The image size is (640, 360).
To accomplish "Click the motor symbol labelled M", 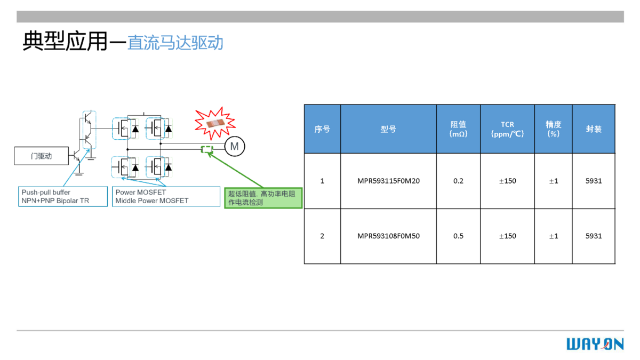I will (x=234, y=146).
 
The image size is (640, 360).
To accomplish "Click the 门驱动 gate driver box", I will (x=41, y=156).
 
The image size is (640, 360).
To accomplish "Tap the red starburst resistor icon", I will (x=214, y=122).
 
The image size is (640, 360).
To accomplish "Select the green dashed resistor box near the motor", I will (x=206, y=150).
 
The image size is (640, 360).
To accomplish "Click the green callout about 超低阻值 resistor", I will (x=263, y=198).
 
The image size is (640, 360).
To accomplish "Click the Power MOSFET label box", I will (x=165, y=196).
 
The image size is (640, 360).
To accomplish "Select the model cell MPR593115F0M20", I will (x=388, y=181).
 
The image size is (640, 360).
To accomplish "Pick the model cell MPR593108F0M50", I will (x=388, y=236).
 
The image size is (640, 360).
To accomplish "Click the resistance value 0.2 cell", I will (x=458, y=181).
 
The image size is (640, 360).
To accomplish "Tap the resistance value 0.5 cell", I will (x=458, y=236).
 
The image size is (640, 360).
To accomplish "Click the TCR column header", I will (x=507, y=129).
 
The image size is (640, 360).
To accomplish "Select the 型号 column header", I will (x=388, y=129).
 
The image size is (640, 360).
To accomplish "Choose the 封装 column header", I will (x=594, y=129).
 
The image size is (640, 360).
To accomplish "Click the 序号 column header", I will (x=322, y=129).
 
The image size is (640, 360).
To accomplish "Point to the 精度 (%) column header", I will (x=553, y=129).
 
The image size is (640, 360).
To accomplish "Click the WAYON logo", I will (x=595, y=344).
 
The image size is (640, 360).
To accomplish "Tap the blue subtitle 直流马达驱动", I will (x=175, y=43).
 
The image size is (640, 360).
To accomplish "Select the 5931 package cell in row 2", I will (x=594, y=236).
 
